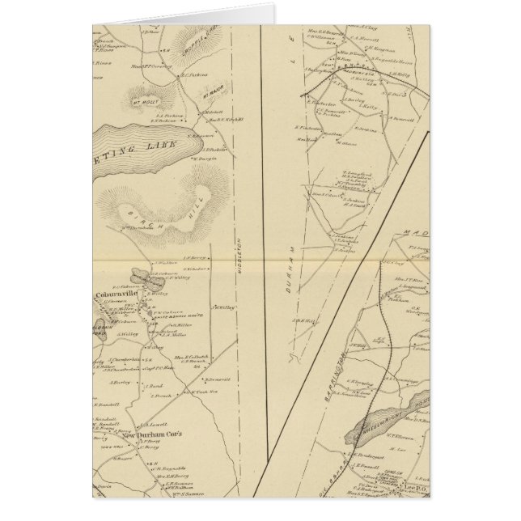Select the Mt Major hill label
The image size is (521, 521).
[x=211, y=94]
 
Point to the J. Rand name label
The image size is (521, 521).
[x=153, y=385]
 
